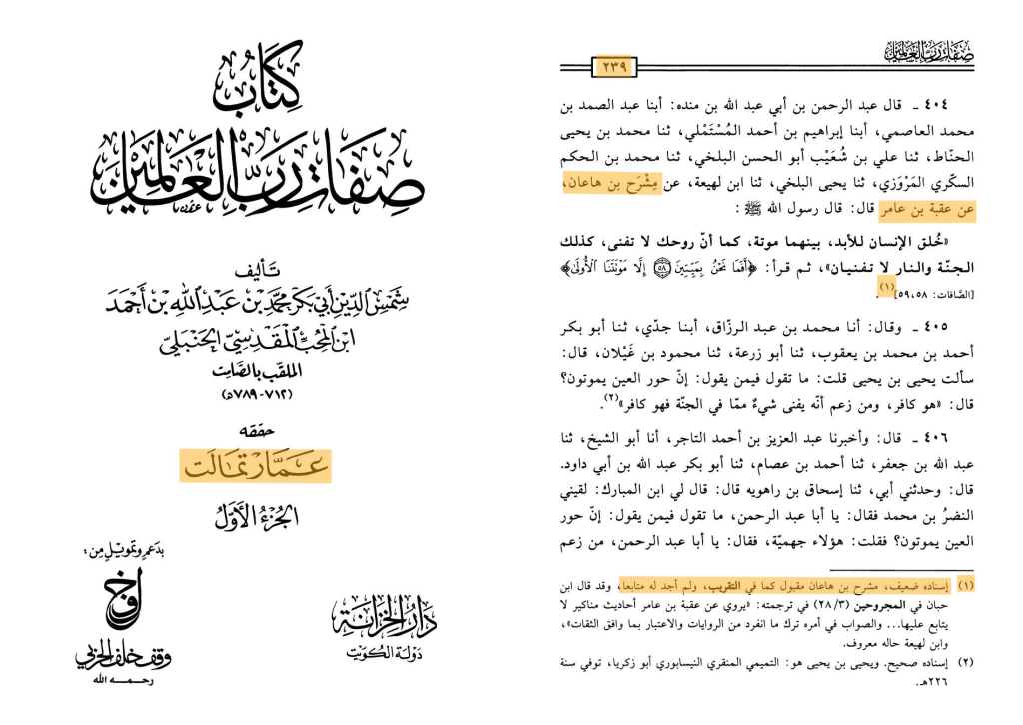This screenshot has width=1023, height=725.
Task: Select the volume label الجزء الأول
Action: [256, 518]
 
